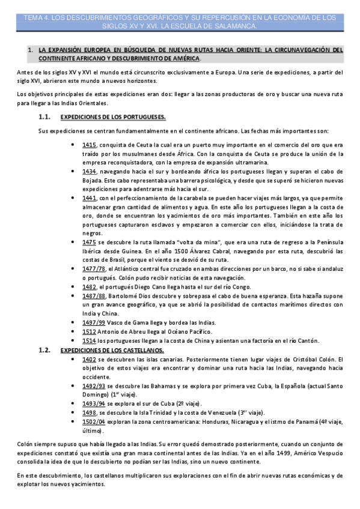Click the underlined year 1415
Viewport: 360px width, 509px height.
[89, 145]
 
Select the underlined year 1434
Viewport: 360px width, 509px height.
[89, 171]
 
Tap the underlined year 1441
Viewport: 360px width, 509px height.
[89, 197]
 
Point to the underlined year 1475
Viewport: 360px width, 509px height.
[89, 241]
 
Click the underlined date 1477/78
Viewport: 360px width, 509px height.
[93, 268]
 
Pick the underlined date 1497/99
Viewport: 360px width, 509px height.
[93, 322]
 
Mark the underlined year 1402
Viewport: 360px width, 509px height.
[89, 359]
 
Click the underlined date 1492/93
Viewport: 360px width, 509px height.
[93, 386]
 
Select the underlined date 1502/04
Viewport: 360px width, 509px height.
[93, 422]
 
